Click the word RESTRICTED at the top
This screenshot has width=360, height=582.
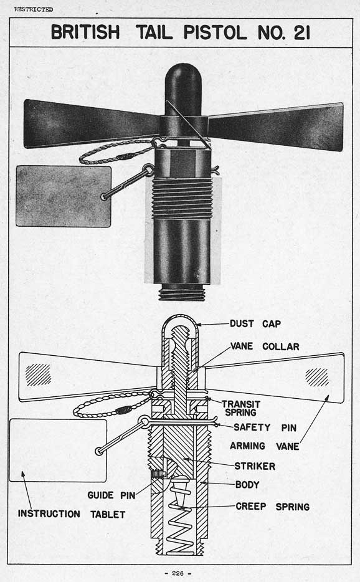click(x=34, y=9)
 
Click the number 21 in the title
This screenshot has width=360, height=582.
click(x=301, y=32)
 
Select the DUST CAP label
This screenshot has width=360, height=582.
click(x=255, y=323)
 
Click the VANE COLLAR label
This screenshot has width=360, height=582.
click(x=265, y=346)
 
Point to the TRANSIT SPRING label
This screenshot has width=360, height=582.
click(x=241, y=408)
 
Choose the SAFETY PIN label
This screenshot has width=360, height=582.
click(x=265, y=427)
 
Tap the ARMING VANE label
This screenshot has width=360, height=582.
click(x=264, y=446)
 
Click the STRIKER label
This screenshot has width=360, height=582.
click(x=255, y=466)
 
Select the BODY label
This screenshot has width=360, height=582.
click(x=247, y=484)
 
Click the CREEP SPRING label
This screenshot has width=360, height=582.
click(x=272, y=507)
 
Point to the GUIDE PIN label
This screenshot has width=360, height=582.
click(x=111, y=495)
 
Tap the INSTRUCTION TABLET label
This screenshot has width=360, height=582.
click(x=72, y=514)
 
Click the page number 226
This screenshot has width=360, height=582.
click(x=178, y=573)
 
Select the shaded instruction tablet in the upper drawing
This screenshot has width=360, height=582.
click(x=64, y=196)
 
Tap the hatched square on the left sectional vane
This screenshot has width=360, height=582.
click(x=38, y=374)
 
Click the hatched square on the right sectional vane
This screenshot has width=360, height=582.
click(x=316, y=377)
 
